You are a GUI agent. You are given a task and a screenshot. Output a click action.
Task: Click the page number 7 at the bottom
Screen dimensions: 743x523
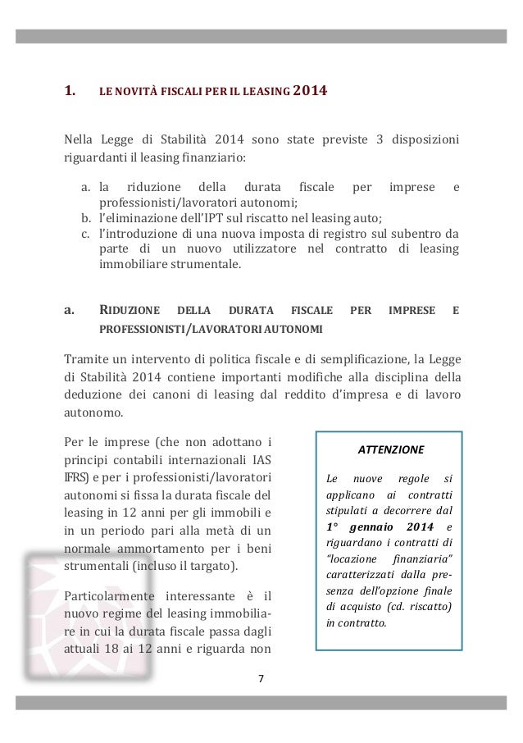[x=261, y=678]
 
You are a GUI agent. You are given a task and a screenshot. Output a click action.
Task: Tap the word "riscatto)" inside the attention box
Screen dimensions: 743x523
[x=438, y=604]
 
